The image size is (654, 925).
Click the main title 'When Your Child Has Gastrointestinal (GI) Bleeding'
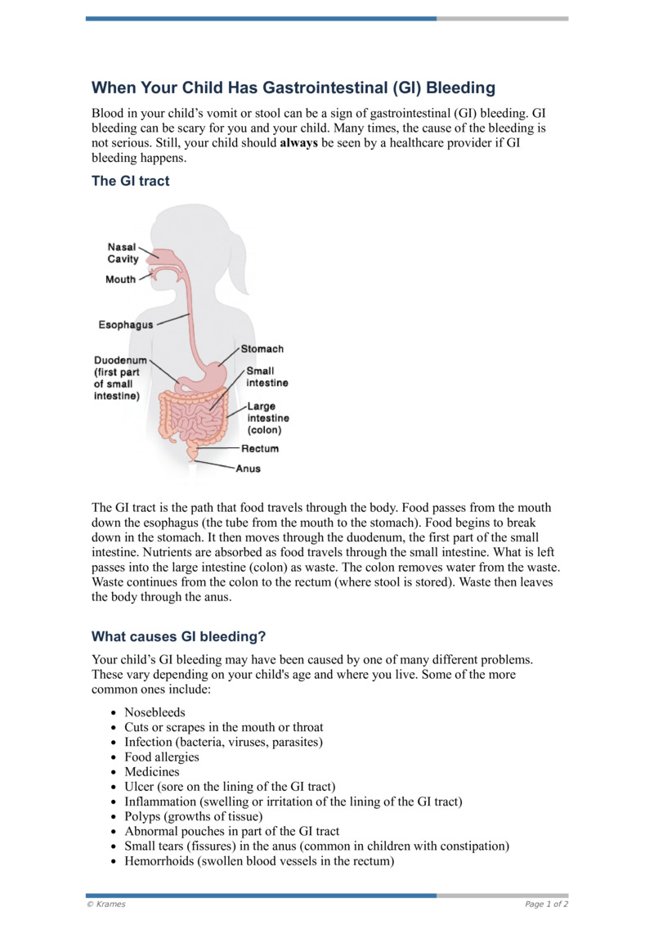click(x=293, y=88)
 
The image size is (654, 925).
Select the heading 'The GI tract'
click(x=131, y=182)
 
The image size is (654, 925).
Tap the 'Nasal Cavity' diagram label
click(x=123, y=254)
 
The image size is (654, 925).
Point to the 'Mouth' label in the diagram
click(x=120, y=280)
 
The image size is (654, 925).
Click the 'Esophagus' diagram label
click(x=125, y=325)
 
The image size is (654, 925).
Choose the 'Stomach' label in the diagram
click(x=262, y=349)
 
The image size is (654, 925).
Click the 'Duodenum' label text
click(x=120, y=359)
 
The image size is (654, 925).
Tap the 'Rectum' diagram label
click(x=259, y=448)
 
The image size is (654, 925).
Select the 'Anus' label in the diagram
click(x=248, y=469)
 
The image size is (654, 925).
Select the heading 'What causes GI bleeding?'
click(x=179, y=636)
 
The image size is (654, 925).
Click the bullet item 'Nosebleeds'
click(x=155, y=712)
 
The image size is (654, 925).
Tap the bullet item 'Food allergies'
click(x=162, y=757)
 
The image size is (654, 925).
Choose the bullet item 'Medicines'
click(x=151, y=771)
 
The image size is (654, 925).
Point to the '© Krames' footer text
click(x=106, y=904)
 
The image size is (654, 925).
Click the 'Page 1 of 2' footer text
click(x=546, y=904)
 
